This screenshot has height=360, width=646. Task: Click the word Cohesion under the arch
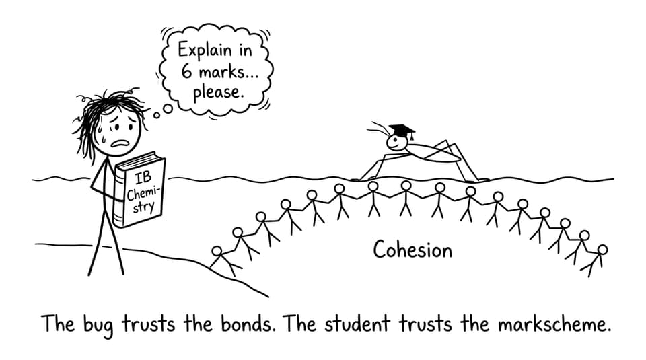(x=412, y=250)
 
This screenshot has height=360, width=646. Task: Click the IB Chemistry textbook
(x=140, y=190)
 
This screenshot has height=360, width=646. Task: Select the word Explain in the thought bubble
(x=205, y=50)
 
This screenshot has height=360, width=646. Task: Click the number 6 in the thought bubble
(x=186, y=71)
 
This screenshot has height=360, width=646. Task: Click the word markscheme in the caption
(x=553, y=324)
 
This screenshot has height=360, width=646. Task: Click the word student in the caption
(x=357, y=324)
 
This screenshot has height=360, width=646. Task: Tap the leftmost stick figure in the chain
(x=223, y=260)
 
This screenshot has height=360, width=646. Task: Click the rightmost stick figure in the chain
(x=594, y=260)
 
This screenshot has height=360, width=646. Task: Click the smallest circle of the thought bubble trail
(x=157, y=115)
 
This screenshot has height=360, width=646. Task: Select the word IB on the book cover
(x=143, y=178)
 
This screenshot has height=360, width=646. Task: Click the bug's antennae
(x=379, y=129)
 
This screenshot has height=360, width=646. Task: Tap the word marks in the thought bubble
(x=220, y=72)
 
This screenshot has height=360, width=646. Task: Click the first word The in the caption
(x=58, y=324)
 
